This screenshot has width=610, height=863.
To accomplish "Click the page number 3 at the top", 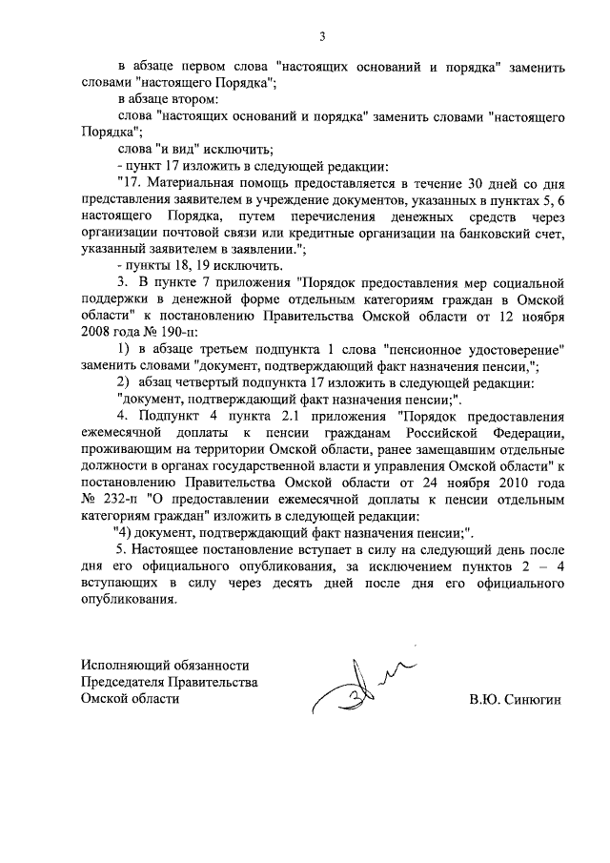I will coord(322,36).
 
